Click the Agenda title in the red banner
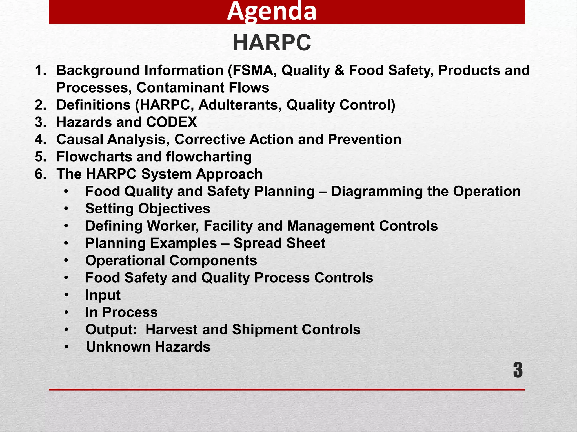272,12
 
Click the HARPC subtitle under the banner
272,43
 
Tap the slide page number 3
518,370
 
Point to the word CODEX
172,122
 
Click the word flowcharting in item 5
209,157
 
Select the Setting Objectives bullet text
148,209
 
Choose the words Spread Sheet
279,243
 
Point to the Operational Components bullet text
171,260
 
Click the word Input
103,295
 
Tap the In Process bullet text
121,312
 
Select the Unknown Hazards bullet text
148,347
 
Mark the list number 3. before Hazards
40,122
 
